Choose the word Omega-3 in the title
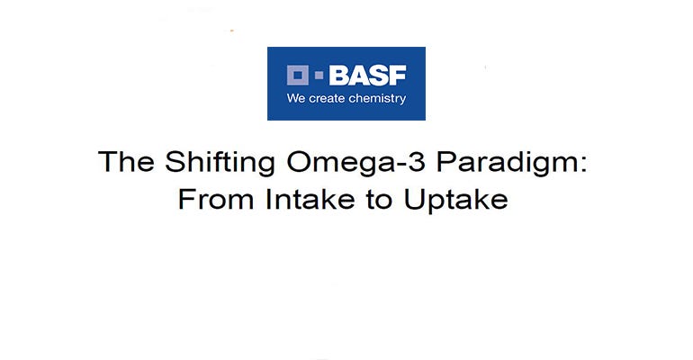[x=329, y=165]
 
